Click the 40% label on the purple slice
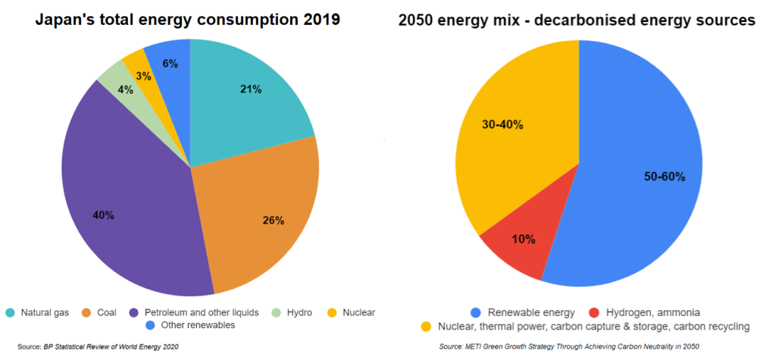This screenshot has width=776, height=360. tap(104, 215)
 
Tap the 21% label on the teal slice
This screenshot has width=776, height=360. tap(251, 89)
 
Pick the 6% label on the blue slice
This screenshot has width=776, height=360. tap(170, 64)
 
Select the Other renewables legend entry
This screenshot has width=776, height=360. tap(190, 325)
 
